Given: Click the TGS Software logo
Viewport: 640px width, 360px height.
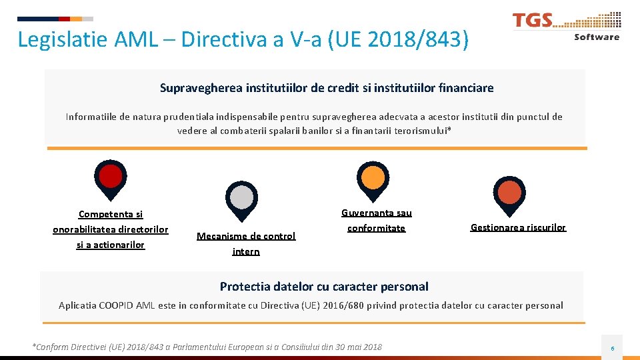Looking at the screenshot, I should pyautogui.click(x=566, y=27).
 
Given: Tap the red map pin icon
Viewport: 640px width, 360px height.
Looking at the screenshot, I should pyautogui.click(x=111, y=177).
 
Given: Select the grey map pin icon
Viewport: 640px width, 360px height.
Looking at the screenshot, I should pyautogui.click(x=241, y=197).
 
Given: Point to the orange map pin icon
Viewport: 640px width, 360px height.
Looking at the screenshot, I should pyautogui.click(x=373, y=177).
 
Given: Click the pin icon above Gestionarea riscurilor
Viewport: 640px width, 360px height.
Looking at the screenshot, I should pyautogui.click(x=510, y=193).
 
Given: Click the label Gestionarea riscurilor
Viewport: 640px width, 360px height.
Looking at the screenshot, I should pyautogui.click(x=518, y=227).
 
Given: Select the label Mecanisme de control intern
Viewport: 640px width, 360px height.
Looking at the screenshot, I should pyautogui.click(x=246, y=243).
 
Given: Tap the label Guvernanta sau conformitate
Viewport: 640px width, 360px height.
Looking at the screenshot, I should pyautogui.click(x=377, y=221).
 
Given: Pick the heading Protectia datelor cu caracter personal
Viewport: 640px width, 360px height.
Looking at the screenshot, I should pyautogui.click(x=324, y=287).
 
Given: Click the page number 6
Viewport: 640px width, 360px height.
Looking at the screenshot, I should pyautogui.click(x=613, y=348).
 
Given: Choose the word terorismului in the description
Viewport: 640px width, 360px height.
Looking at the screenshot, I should pyautogui.click(x=421, y=131).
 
